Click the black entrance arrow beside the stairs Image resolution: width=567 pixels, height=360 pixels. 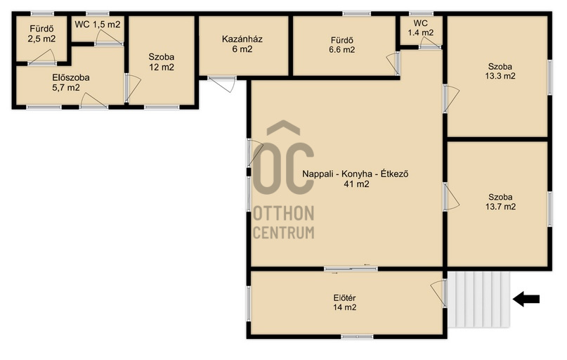pyautogui.click(x=526, y=300)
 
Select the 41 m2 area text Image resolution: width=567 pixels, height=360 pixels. pyautogui.click(x=356, y=184)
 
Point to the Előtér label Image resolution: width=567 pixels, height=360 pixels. pyautogui.click(x=344, y=298)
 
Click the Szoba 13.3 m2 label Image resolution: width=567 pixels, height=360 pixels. pyautogui.click(x=500, y=71)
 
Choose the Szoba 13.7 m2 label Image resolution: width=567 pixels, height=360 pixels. pyautogui.click(x=500, y=202)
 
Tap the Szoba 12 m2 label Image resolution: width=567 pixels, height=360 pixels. pyautogui.click(x=162, y=62)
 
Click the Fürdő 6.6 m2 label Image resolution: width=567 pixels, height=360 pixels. pyautogui.click(x=341, y=45)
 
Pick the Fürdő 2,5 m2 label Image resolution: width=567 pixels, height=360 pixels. pyautogui.click(x=41, y=34)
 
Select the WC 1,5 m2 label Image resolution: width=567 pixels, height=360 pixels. pyautogui.click(x=98, y=25)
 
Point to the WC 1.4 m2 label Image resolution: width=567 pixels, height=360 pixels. pyautogui.click(x=421, y=28)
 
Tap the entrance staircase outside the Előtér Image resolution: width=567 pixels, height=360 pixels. pyautogui.click(x=478, y=300)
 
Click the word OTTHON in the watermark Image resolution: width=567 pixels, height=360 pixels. pyautogui.click(x=284, y=214)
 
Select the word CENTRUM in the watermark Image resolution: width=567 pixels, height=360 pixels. pyautogui.click(x=284, y=233)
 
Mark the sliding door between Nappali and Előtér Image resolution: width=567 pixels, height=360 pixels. pyautogui.click(x=351, y=269)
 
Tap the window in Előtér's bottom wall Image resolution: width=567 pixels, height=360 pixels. pyautogui.click(x=357, y=337)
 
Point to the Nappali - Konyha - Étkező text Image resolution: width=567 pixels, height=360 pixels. pyautogui.click(x=356, y=174)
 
